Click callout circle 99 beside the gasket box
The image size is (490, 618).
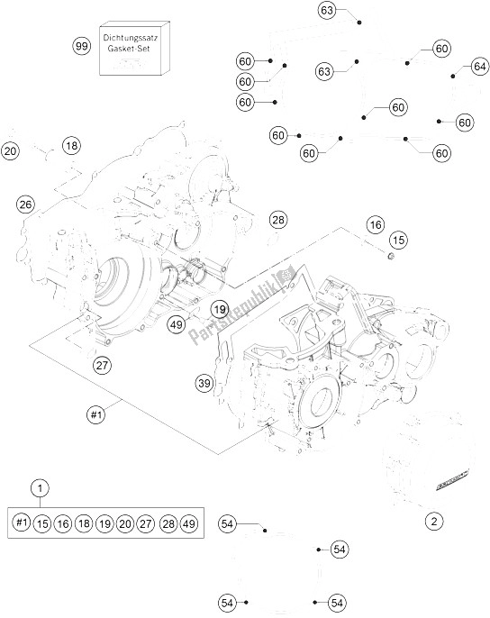(x=82, y=44)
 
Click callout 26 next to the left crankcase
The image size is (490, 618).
(x=25, y=204)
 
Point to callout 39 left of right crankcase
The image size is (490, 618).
(x=205, y=385)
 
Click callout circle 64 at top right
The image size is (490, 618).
(x=479, y=67)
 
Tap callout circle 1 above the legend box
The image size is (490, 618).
(x=40, y=487)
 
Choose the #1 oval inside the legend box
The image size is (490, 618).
(x=22, y=522)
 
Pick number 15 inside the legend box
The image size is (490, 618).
(x=42, y=522)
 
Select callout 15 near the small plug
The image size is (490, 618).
(x=398, y=241)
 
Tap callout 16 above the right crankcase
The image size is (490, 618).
(x=375, y=223)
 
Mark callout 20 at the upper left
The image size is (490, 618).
(x=10, y=151)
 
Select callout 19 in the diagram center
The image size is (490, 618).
(x=219, y=309)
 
